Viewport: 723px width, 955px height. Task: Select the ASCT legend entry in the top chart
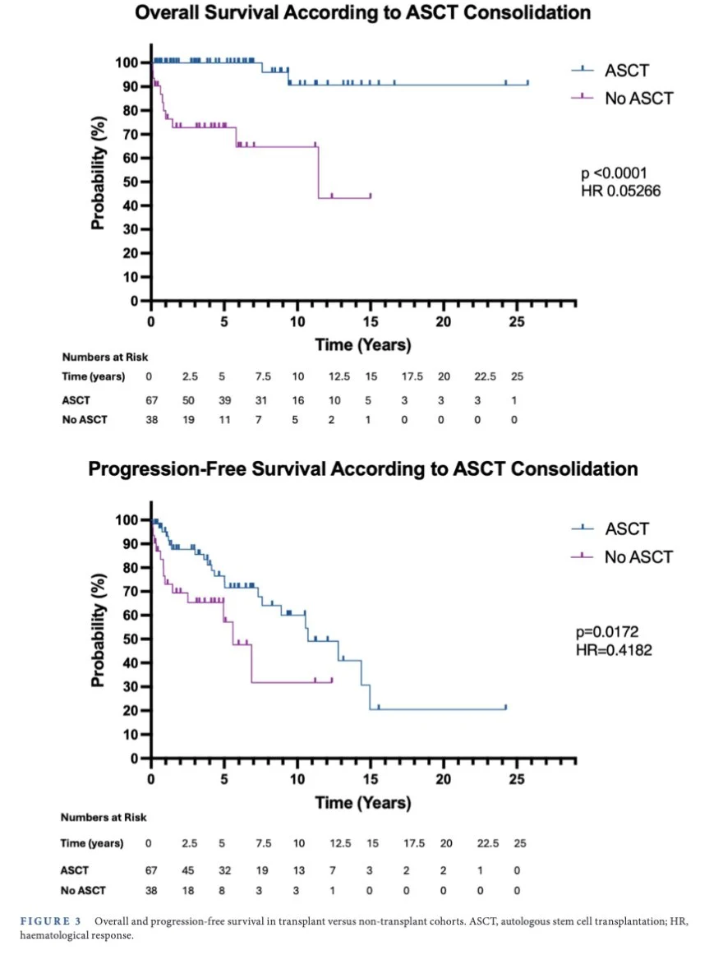627,71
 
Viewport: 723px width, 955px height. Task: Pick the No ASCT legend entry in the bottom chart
638,557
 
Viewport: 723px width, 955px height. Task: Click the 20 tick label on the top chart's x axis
444,321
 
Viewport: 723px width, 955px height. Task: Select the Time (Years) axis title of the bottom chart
362,801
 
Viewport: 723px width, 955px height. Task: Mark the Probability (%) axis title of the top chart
98,176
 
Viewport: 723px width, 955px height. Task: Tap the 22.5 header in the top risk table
481,377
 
